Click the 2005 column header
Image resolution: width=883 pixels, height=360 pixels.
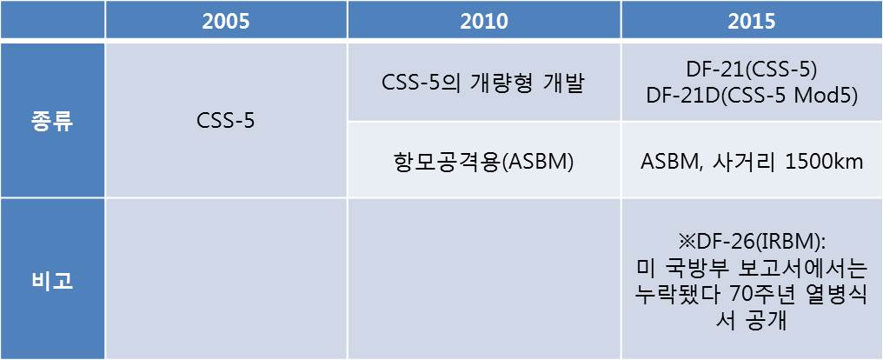click(x=226, y=22)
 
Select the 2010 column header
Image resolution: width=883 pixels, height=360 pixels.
click(x=484, y=22)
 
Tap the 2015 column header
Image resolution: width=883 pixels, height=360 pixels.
click(x=751, y=22)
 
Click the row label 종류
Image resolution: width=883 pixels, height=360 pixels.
click(x=51, y=122)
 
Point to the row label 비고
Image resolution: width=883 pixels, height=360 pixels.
click(x=51, y=280)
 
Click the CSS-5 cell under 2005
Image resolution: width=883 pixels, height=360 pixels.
click(x=225, y=121)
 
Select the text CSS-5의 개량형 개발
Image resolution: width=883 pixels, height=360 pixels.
click(x=484, y=85)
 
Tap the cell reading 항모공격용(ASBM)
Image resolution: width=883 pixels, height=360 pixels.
click(x=484, y=162)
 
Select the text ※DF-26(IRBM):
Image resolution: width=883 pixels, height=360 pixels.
click(x=751, y=244)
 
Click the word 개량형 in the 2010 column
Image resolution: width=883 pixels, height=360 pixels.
click(x=502, y=85)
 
